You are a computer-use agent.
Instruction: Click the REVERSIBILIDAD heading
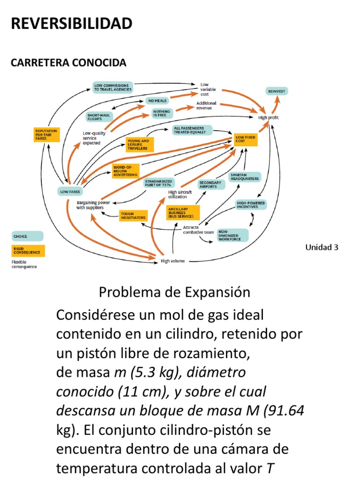pos(72,23)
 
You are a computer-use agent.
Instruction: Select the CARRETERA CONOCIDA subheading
pos(68,62)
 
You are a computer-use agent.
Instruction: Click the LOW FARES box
pos(70,191)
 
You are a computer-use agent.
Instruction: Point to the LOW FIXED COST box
pos(246,138)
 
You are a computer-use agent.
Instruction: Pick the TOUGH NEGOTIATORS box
pos(133,216)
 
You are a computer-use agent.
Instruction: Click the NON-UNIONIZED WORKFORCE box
pos(232,235)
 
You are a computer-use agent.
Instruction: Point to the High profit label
pos(269,118)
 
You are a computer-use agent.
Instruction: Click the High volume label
pos(172,261)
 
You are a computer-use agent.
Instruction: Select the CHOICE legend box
pos(28,237)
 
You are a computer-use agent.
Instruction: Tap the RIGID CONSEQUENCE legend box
pos(28,250)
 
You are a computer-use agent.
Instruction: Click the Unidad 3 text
pos(322,247)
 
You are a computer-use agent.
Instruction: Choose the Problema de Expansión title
pos(174,292)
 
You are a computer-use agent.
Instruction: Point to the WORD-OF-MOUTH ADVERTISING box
pos(125,171)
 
